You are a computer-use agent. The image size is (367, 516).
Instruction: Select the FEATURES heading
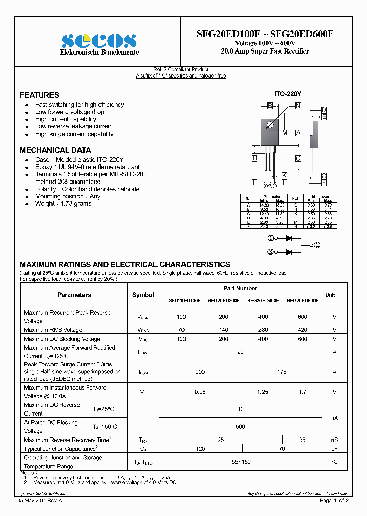pos(39,95)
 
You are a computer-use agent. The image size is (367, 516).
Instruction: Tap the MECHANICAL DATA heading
pos(55,150)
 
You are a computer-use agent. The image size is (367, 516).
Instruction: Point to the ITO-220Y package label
pos(288,94)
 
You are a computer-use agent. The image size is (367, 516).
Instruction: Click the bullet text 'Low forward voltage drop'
pos(69,112)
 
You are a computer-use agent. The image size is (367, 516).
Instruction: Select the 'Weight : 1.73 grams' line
pos(63,204)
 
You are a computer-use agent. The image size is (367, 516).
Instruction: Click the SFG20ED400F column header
pos(263,301)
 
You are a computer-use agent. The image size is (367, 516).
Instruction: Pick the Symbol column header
pos(143,295)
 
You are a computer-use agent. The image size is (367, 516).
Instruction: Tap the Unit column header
pos(330,295)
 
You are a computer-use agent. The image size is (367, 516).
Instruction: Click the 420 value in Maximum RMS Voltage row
pos(302,330)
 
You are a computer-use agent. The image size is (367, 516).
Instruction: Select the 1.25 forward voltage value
pos(263,392)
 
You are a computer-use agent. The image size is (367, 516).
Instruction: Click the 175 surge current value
pos(282,372)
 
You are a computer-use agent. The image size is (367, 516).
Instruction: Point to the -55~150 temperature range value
pos(241,462)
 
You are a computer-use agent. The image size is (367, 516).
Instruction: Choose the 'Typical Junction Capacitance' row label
pos(61,449)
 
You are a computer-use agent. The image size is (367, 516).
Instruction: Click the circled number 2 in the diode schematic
pos(317,245)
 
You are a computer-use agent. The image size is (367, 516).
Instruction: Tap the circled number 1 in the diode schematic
pos(270,238)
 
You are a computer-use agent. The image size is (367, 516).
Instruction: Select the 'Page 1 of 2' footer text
pos(334,501)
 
